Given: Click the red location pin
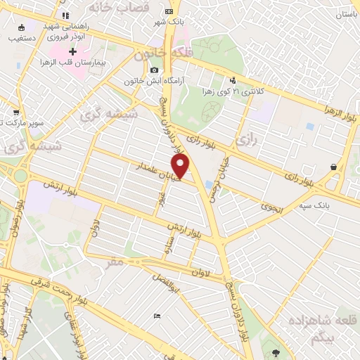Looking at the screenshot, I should point(181,165).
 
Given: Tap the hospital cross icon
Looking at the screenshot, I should point(72,52).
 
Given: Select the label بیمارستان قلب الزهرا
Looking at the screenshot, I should point(101,64).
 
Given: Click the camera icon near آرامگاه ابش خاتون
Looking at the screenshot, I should point(154,70).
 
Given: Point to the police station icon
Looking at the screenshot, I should point(233,80).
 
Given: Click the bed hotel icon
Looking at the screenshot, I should point(156,316).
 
